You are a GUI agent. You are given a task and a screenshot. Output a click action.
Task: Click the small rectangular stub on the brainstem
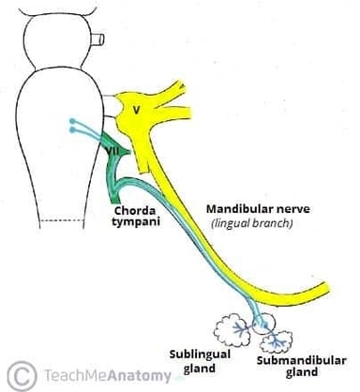(97, 41)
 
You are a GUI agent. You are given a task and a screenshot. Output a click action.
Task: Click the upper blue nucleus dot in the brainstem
(72, 119)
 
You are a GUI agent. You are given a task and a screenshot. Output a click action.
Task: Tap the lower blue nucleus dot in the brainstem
(72, 129)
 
